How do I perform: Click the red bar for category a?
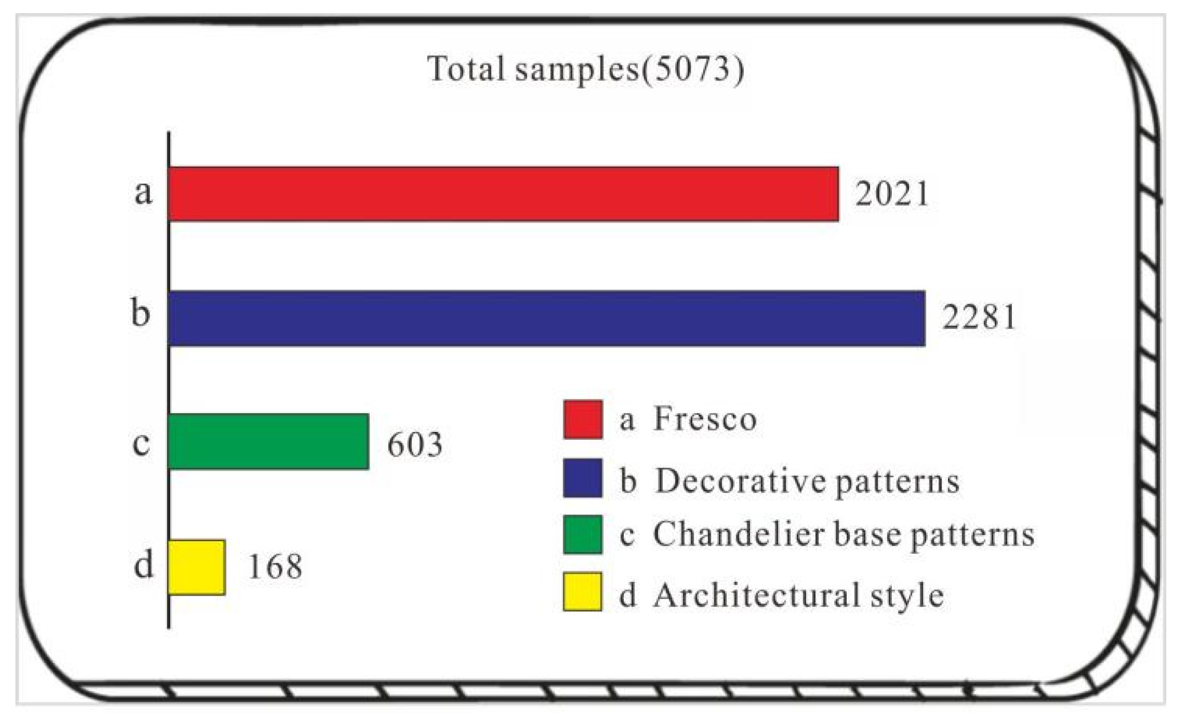pyautogui.click(x=503, y=193)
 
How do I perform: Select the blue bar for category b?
pyautogui.click(x=546, y=318)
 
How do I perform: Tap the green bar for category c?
pyautogui.click(x=268, y=441)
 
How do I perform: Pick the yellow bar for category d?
pyautogui.click(x=196, y=567)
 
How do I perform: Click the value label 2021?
pyautogui.click(x=892, y=194)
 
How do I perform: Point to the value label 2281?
pyautogui.click(x=979, y=317)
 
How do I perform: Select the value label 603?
pyautogui.click(x=414, y=445)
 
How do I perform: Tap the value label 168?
pyautogui.click(x=274, y=567)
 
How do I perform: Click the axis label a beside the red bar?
pyautogui.click(x=143, y=192)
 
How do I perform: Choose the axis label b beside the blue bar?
pyautogui.click(x=141, y=314)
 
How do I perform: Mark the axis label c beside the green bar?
pyautogui.click(x=141, y=443)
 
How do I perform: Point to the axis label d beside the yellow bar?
pyautogui.click(x=143, y=565)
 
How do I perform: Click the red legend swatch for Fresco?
pyautogui.click(x=582, y=419)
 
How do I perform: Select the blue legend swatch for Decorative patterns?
pyautogui.click(x=582, y=478)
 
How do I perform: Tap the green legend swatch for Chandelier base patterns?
pyautogui.click(x=582, y=534)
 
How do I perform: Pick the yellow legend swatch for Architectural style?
pyautogui.click(x=582, y=592)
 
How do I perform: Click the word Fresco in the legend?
pyautogui.click(x=705, y=419)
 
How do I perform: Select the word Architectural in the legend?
pyautogui.click(x=756, y=595)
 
